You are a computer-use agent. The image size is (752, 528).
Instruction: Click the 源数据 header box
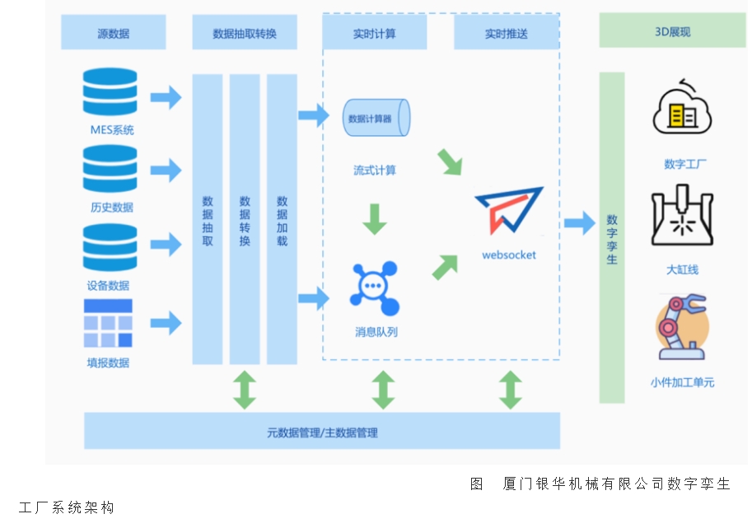click(x=114, y=33)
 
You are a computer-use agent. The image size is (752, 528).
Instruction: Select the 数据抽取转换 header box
click(x=245, y=33)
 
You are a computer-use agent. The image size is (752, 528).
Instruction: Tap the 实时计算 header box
click(x=375, y=33)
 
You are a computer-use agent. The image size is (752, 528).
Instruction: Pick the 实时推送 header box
click(x=506, y=33)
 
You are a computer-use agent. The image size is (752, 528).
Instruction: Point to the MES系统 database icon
click(x=110, y=92)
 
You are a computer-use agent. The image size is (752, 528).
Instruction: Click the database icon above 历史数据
click(x=110, y=169)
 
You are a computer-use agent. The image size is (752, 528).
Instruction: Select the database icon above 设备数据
click(x=110, y=247)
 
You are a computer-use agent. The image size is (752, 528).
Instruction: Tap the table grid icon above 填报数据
click(x=108, y=324)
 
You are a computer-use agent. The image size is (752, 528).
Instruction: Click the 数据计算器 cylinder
click(x=376, y=119)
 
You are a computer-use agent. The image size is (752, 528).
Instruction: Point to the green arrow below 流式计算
click(x=375, y=218)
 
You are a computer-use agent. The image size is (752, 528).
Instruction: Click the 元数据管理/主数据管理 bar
click(x=322, y=432)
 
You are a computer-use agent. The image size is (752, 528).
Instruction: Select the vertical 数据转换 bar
click(x=245, y=220)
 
